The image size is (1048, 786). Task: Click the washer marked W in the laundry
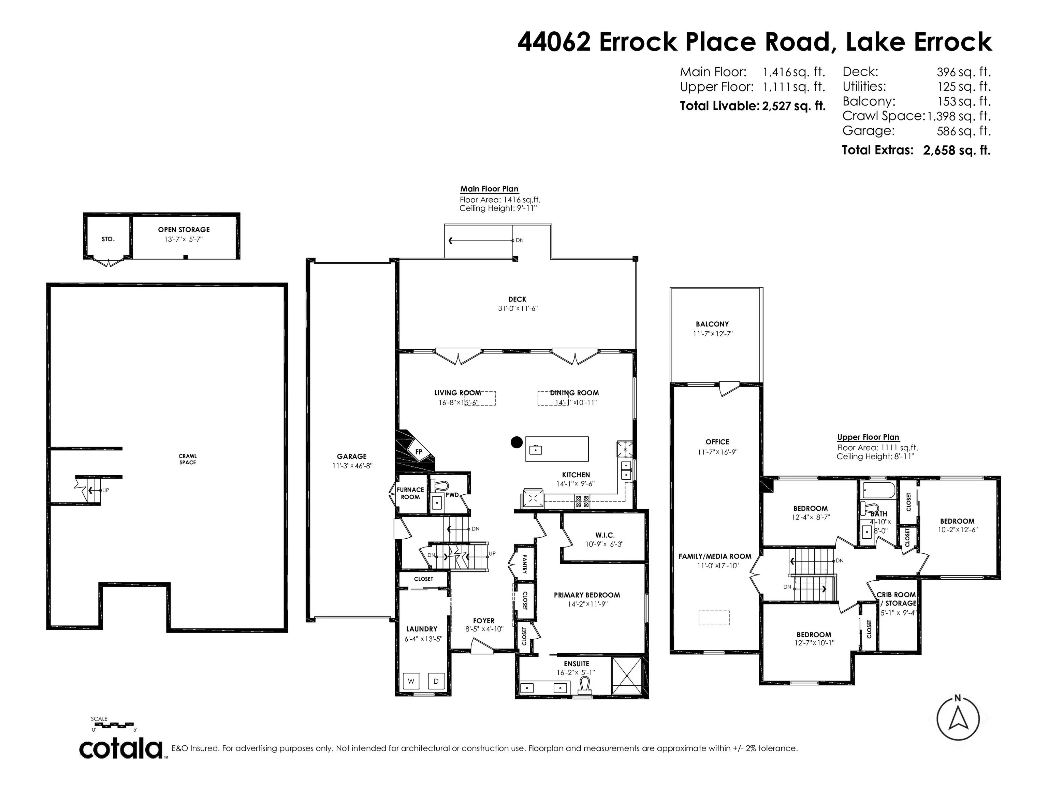point(411,681)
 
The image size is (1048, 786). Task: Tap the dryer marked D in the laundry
point(436,681)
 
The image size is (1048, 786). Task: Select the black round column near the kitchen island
point(516,442)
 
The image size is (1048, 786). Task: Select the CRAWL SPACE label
point(188,459)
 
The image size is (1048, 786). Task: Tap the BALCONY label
point(712,324)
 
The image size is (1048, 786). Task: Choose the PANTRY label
point(524,564)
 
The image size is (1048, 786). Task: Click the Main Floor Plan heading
point(490,189)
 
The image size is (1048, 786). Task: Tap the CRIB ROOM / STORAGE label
point(897,599)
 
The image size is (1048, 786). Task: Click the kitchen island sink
point(536,450)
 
